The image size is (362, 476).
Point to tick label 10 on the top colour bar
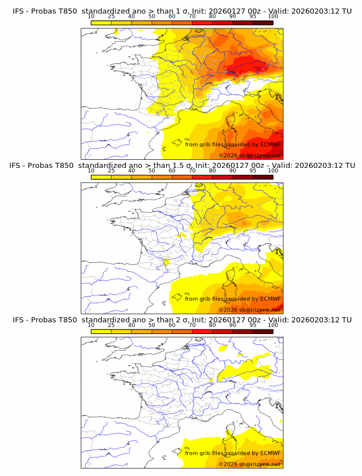pos(91,17)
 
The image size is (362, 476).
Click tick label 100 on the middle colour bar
pos(273,171)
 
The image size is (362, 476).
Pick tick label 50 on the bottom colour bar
pos(152,325)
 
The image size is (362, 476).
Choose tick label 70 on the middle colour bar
pos(192,171)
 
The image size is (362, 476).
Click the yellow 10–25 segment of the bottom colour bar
pos(101,331)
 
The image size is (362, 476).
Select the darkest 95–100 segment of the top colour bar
pos(263,22)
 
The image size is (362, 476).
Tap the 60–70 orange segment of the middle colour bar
pos(182,177)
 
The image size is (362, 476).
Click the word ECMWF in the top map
pos(270,145)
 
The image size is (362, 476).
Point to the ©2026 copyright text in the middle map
pos(229,310)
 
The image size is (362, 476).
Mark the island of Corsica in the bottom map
pos(229,436)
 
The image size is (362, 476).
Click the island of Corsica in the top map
pos(229,126)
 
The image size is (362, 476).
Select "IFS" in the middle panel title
pos(18,166)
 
